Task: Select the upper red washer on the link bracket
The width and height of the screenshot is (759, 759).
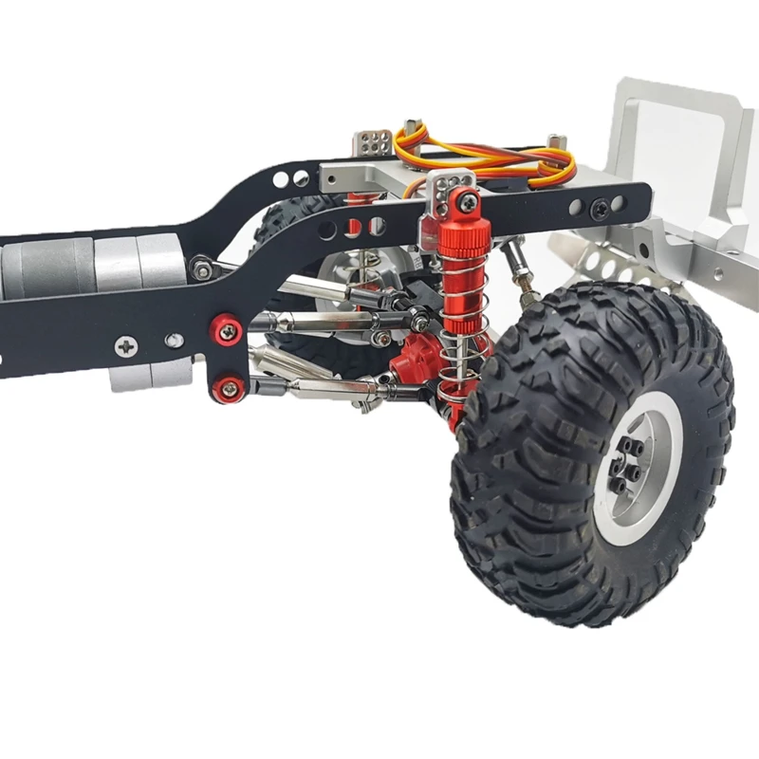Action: coord(227,331)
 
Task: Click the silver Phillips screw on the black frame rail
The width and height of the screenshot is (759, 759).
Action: coord(126,346)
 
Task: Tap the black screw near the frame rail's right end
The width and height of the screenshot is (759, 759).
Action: coord(599,206)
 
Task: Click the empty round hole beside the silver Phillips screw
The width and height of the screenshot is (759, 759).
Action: coord(174,340)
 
